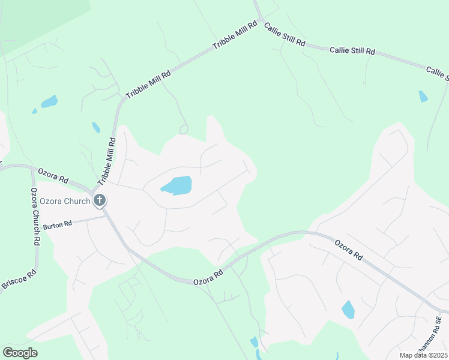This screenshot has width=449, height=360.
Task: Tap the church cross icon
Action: point(100,200)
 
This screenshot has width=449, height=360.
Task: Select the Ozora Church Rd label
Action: point(35,216)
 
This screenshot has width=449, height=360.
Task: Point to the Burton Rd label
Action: point(57,224)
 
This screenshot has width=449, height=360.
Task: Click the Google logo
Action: point(20,352)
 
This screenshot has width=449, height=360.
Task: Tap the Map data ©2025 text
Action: point(423,355)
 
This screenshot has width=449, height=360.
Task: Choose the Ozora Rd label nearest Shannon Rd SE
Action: point(349,250)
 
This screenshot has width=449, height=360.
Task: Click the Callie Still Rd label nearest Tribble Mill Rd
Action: point(285,35)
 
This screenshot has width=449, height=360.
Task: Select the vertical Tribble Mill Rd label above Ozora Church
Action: point(107,161)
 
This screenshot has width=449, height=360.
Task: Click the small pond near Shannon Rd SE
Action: point(348,310)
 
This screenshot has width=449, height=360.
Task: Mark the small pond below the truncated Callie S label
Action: point(423,96)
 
